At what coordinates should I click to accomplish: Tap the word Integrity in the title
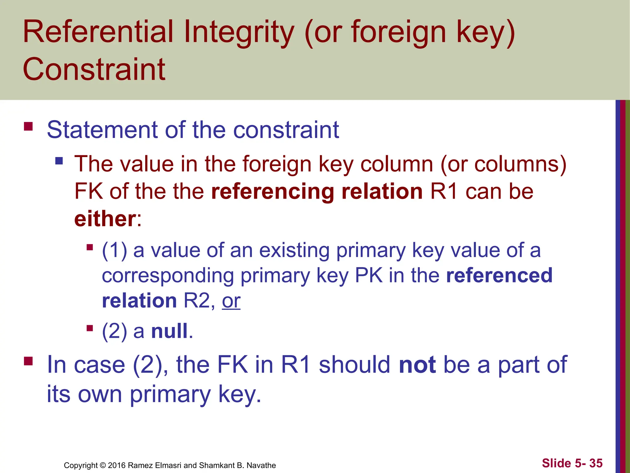[239, 32]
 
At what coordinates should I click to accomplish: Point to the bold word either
[105, 219]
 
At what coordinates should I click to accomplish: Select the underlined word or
[231, 301]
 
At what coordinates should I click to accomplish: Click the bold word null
[169, 331]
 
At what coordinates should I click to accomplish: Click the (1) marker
[114, 250]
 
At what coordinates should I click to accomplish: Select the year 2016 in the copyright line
[117, 465]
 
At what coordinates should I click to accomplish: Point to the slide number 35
[596, 463]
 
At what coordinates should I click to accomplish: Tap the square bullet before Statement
[28, 127]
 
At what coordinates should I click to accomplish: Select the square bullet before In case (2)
[28, 361]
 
